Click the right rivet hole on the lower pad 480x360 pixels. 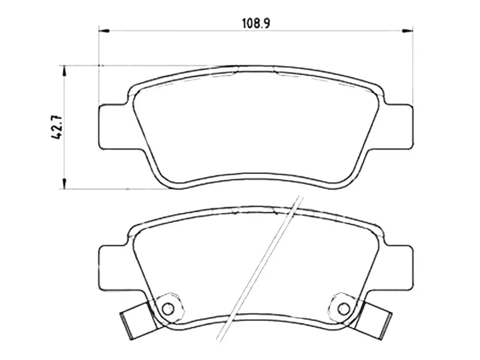pos(343,308)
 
